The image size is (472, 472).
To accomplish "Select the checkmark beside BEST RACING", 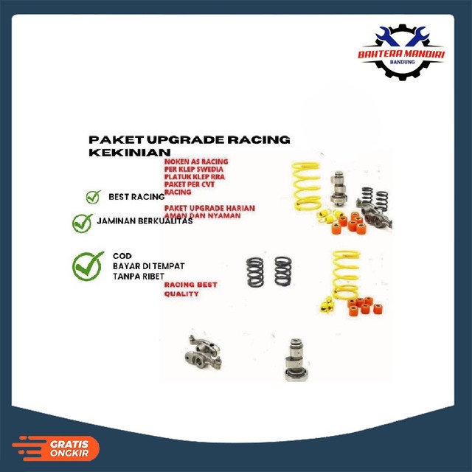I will pyautogui.click(x=93, y=197).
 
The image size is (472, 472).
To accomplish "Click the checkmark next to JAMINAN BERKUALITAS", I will pyautogui.click(x=83, y=222).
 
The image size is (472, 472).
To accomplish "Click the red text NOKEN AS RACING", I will pyautogui.click(x=196, y=162).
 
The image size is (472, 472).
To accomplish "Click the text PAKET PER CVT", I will pyautogui.click(x=190, y=184).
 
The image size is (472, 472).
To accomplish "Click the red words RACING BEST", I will pyautogui.click(x=190, y=285).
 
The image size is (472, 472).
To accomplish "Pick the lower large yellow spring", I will pyautogui.click(x=347, y=273).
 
